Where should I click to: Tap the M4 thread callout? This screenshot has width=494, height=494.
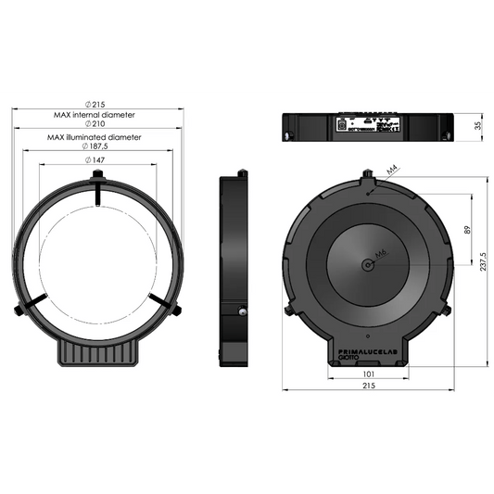pos(392,171)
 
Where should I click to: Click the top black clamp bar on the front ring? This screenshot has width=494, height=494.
pos(97,192)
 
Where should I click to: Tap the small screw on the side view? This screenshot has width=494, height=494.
pos(242,313)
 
